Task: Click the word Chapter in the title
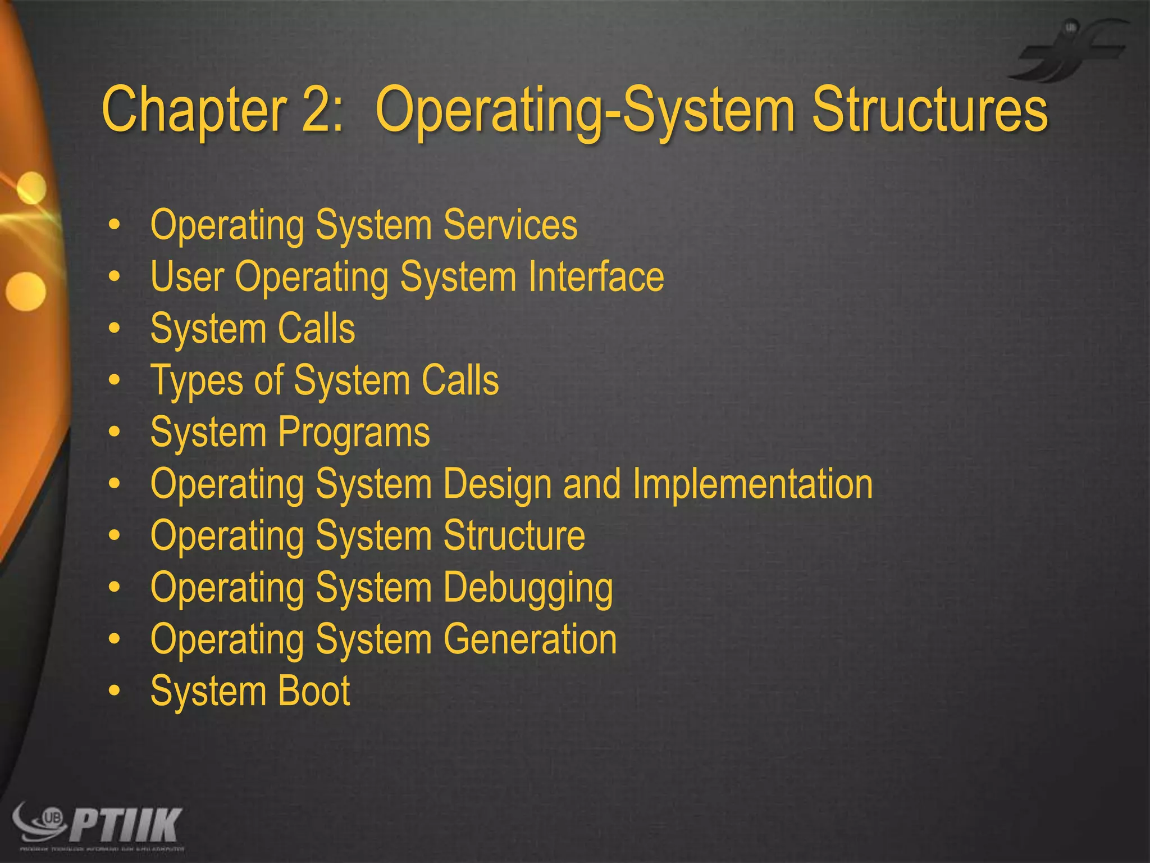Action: (x=194, y=110)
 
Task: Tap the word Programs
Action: (x=354, y=433)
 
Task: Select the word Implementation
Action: (x=752, y=484)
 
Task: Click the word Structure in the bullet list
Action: (x=514, y=535)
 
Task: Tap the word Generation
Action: (x=530, y=639)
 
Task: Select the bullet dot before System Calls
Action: (x=115, y=329)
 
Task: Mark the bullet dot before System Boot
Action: (x=115, y=691)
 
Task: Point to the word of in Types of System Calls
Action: (x=268, y=380)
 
